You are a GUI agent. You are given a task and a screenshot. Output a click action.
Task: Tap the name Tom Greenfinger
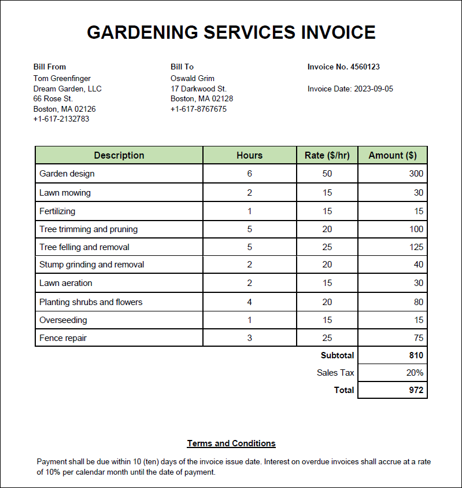pos(62,78)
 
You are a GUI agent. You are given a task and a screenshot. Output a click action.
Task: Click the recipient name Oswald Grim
pos(192,78)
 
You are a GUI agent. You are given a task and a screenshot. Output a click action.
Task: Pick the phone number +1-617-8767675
pos(198,109)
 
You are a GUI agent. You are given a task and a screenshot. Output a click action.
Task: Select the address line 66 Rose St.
pos(53,99)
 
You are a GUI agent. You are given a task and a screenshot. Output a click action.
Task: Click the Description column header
pos(119,155)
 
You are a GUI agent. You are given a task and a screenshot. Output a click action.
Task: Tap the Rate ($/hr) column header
pos(327,155)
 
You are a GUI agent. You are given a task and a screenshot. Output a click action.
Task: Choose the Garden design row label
pos(67,174)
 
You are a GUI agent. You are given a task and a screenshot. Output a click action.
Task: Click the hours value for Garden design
pos(250,174)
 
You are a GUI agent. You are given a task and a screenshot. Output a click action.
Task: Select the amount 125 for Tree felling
pos(416,247)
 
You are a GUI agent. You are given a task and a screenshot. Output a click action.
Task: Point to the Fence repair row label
pos(63,338)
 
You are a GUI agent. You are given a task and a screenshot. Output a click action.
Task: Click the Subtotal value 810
pos(416,355)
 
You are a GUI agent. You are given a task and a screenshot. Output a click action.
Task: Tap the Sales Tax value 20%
pos(415,373)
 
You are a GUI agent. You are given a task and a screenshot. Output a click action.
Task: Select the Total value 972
pos(416,390)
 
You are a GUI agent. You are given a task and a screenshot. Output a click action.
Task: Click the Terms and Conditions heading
pos(231,443)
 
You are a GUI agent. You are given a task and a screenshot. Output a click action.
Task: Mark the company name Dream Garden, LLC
pos(68,89)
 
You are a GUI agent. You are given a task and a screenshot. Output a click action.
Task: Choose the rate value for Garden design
pos(327,174)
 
